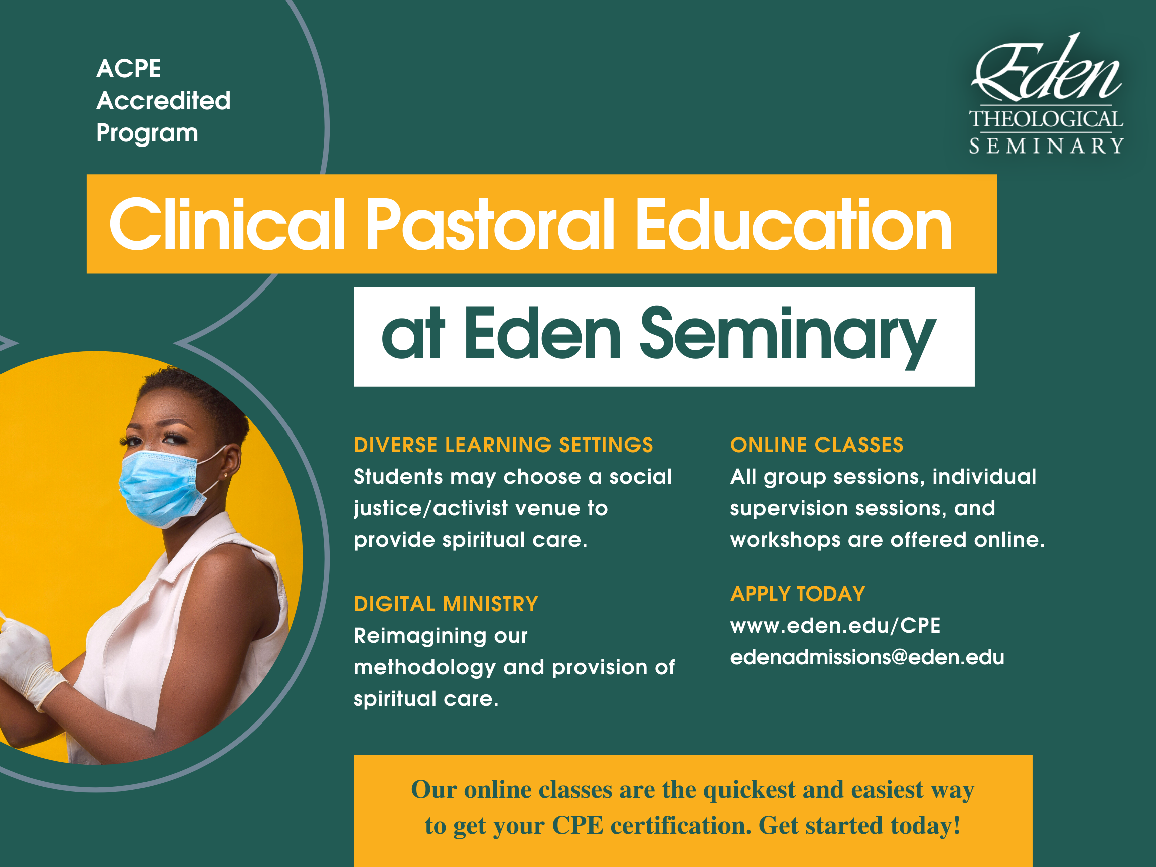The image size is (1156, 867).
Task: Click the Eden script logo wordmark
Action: tap(1046, 68)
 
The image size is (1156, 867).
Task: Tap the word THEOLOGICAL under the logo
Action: tap(1046, 119)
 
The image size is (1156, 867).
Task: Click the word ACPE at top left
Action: tap(128, 68)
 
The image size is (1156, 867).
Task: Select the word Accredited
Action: tap(164, 100)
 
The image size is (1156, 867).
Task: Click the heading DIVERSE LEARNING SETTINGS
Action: tap(503, 445)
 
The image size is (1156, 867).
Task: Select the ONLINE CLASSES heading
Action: tap(816, 445)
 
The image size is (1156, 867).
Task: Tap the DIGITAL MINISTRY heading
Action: tap(446, 604)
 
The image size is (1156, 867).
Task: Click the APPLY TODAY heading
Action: tap(797, 594)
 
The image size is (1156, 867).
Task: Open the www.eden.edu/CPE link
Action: tap(835, 625)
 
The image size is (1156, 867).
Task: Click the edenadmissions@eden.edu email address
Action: tap(867, 657)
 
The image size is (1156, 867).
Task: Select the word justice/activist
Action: tap(430, 508)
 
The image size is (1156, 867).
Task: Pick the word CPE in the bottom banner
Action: tap(577, 826)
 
